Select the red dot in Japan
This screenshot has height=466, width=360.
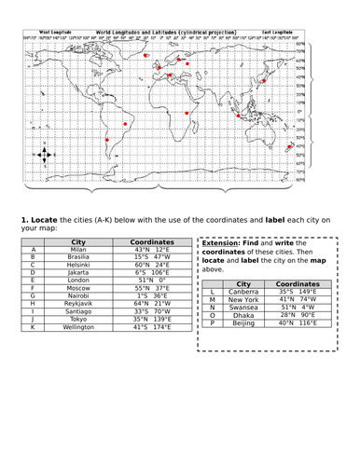tap(264, 82)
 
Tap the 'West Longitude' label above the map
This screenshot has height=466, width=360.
tap(56, 31)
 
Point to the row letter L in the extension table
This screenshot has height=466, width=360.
tap(213, 291)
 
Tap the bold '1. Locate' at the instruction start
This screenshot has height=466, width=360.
tap(39, 220)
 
